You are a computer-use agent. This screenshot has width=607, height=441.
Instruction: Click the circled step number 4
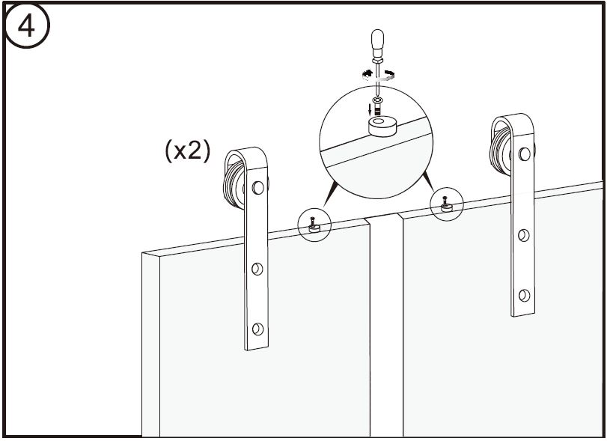[26, 25]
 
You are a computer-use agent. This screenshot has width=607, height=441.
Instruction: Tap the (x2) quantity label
[188, 150]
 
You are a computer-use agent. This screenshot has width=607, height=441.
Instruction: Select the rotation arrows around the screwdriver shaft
[378, 75]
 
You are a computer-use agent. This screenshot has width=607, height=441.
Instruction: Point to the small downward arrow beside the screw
[370, 108]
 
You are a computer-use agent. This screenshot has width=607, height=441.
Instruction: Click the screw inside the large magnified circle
[378, 106]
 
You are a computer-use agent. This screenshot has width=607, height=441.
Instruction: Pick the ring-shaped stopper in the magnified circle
[382, 127]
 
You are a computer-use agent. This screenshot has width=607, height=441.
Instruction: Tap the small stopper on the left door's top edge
[314, 228]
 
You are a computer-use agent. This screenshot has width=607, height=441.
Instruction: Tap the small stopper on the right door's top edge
[447, 207]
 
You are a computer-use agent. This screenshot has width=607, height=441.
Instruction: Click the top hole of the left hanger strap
[257, 188]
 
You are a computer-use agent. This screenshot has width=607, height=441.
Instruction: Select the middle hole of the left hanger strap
[257, 269]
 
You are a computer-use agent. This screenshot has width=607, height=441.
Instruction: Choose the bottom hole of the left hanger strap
[257, 329]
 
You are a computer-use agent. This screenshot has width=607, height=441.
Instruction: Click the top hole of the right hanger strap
[525, 154]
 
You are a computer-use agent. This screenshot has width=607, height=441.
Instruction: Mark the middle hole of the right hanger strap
[524, 235]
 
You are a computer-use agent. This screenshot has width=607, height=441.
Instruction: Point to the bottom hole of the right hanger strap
[524, 296]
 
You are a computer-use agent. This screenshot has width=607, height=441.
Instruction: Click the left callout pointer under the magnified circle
[330, 195]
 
